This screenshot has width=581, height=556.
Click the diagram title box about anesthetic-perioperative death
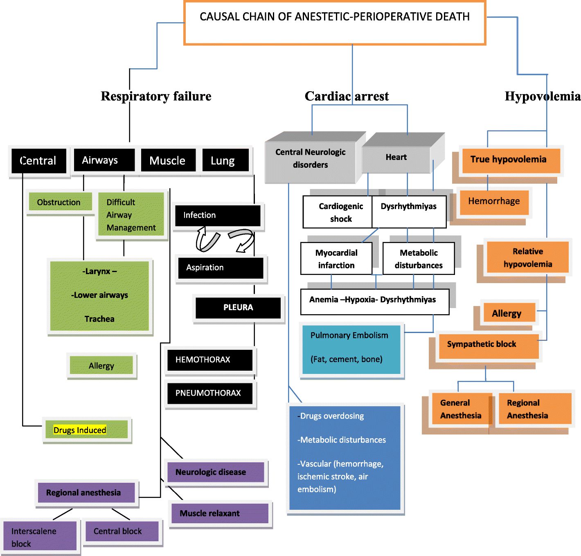tap(335, 23)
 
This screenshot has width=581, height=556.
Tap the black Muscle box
tap(168, 160)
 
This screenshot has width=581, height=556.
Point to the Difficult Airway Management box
tap(131, 215)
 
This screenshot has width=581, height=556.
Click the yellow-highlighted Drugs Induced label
tap(80, 430)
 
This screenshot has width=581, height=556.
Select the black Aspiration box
tap(221, 268)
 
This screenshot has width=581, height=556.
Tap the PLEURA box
tap(238, 308)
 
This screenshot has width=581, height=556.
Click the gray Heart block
tap(396, 158)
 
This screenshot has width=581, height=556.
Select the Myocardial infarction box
tap(336, 259)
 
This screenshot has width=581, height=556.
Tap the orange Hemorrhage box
tap(494, 201)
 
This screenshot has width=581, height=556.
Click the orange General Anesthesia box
tap(460, 409)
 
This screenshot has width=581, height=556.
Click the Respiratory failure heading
tap(156, 96)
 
